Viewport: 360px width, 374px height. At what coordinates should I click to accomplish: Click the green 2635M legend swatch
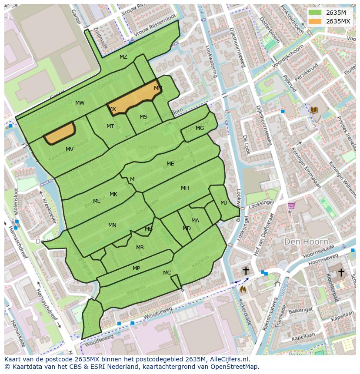(x=316, y=13)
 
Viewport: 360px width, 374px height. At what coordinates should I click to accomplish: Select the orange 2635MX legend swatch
(x=316, y=21)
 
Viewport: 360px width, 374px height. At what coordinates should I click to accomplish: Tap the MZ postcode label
(x=123, y=57)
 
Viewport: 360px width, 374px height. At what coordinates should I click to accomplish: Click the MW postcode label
(x=80, y=103)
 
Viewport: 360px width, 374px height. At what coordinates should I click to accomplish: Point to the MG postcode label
(x=200, y=128)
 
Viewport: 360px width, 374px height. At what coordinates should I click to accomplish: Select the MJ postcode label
(x=223, y=203)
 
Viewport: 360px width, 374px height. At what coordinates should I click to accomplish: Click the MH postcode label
(x=185, y=188)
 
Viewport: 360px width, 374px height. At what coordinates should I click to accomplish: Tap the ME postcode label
(x=170, y=164)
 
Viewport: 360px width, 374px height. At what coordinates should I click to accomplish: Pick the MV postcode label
(x=70, y=149)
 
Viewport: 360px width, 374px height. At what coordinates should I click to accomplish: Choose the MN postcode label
(x=112, y=225)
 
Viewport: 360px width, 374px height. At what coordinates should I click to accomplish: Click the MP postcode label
(x=136, y=268)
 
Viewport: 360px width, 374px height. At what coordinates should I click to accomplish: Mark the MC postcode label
(x=167, y=273)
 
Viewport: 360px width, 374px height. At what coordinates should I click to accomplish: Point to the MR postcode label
(x=140, y=248)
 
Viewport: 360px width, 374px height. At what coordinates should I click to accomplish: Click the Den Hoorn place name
(x=306, y=241)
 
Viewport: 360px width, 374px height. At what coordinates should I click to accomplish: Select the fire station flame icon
(x=243, y=288)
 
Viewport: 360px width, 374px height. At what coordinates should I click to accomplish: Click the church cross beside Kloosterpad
(x=341, y=272)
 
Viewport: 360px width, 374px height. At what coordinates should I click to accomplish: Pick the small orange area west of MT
(x=60, y=133)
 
